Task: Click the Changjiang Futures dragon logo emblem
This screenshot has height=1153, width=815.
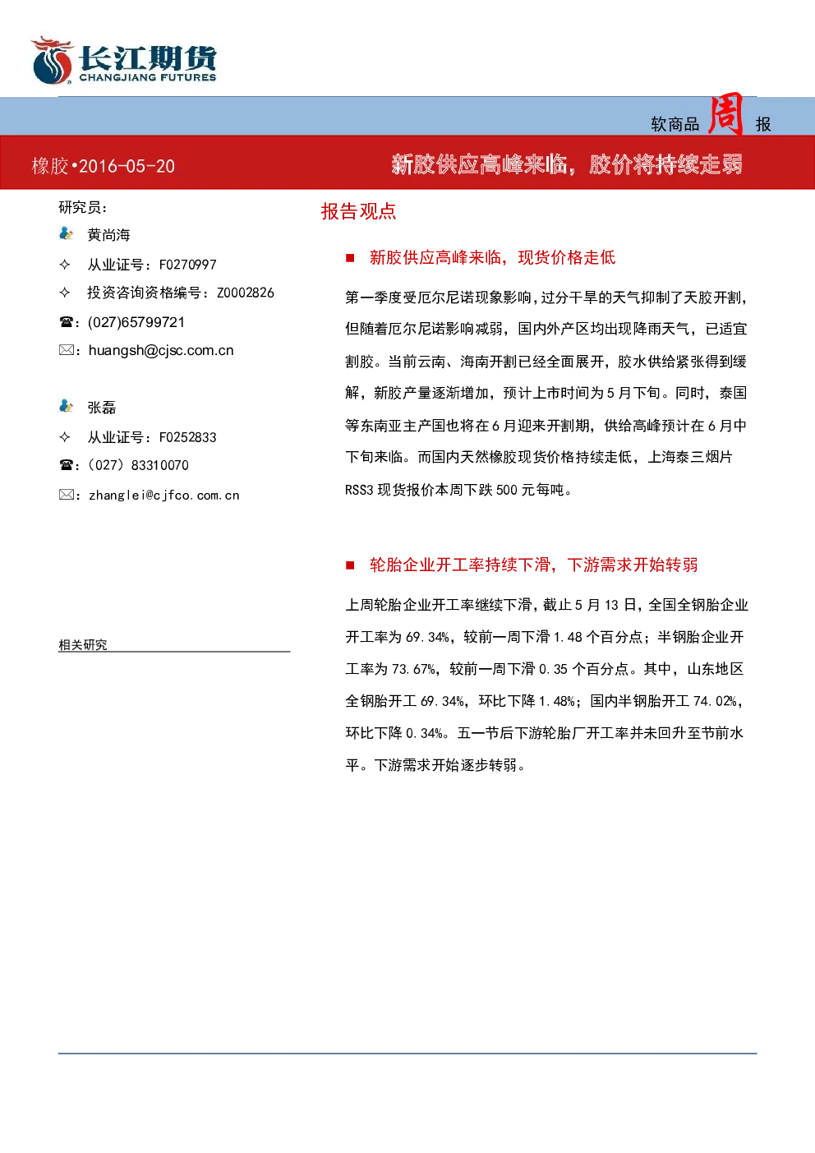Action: tap(52, 60)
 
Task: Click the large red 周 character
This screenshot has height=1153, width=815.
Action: tap(725, 113)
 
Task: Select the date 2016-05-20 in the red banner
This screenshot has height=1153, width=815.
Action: tap(127, 166)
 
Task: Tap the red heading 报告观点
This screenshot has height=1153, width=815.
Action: tap(359, 211)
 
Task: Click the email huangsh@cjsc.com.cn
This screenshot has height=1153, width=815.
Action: tap(161, 350)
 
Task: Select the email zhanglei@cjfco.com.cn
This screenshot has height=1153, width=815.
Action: tap(164, 495)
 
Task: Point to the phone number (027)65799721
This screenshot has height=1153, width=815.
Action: tap(136, 322)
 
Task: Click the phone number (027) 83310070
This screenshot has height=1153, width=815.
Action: tap(138, 465)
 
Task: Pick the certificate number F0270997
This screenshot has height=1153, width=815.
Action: tap(188, 265)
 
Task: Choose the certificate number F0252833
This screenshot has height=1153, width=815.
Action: tap(188, 437)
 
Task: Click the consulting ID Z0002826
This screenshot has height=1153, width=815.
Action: tap(246, 293)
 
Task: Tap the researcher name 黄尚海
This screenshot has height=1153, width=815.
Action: tap(108, 235)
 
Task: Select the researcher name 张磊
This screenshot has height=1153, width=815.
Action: tap(102, 407)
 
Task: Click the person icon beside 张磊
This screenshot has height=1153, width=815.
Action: tap(66, 406)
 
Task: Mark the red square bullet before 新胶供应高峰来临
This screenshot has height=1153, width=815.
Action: tap(350, 258)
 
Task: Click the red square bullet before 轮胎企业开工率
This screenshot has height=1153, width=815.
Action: tap(350, 565)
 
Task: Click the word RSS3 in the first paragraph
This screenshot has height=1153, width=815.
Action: tap(359, 490)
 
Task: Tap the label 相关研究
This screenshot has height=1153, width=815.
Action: tap(83, 644)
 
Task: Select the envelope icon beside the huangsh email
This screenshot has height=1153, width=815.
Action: tap(66, 350)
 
